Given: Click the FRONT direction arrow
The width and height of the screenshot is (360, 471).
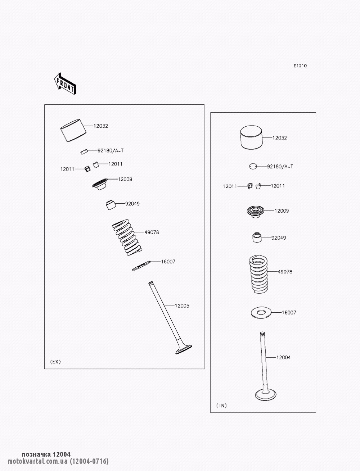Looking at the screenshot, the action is click(65, 84).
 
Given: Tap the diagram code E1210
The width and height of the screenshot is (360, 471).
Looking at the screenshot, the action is click(300, 66).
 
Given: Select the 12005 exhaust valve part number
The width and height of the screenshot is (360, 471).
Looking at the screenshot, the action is click(182, 306).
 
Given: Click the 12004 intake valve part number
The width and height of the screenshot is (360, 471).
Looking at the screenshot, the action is click(283, 358).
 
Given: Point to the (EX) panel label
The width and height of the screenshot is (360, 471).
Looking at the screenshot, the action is click(55, 362).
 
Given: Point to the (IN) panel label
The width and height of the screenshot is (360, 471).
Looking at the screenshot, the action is click(221, 406).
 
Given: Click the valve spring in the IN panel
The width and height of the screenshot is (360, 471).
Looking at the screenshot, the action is click(259, 274).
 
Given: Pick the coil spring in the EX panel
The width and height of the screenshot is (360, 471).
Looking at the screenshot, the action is click(127, 237).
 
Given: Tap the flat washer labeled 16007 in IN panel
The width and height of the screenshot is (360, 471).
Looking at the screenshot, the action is click(261, 313).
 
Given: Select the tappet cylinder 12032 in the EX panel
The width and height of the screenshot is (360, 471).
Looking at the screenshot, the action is click(73, 131).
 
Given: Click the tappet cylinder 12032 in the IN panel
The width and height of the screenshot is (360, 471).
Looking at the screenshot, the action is click(251, 137).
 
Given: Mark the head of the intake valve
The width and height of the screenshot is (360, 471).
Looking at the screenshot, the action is click(266, 394).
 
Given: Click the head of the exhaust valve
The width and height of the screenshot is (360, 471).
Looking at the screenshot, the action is click(184, 349).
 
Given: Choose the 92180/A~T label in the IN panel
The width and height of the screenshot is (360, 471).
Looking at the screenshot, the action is click(280, 167).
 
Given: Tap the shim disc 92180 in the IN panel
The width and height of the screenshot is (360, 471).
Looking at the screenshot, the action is click(253, 166).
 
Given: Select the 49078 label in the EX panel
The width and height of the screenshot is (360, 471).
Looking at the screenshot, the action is click(152, 232).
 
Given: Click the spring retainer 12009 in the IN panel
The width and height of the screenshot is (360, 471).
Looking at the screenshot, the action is click(255, 212).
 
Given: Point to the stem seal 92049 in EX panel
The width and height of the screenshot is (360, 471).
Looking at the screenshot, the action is click(111, 205).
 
